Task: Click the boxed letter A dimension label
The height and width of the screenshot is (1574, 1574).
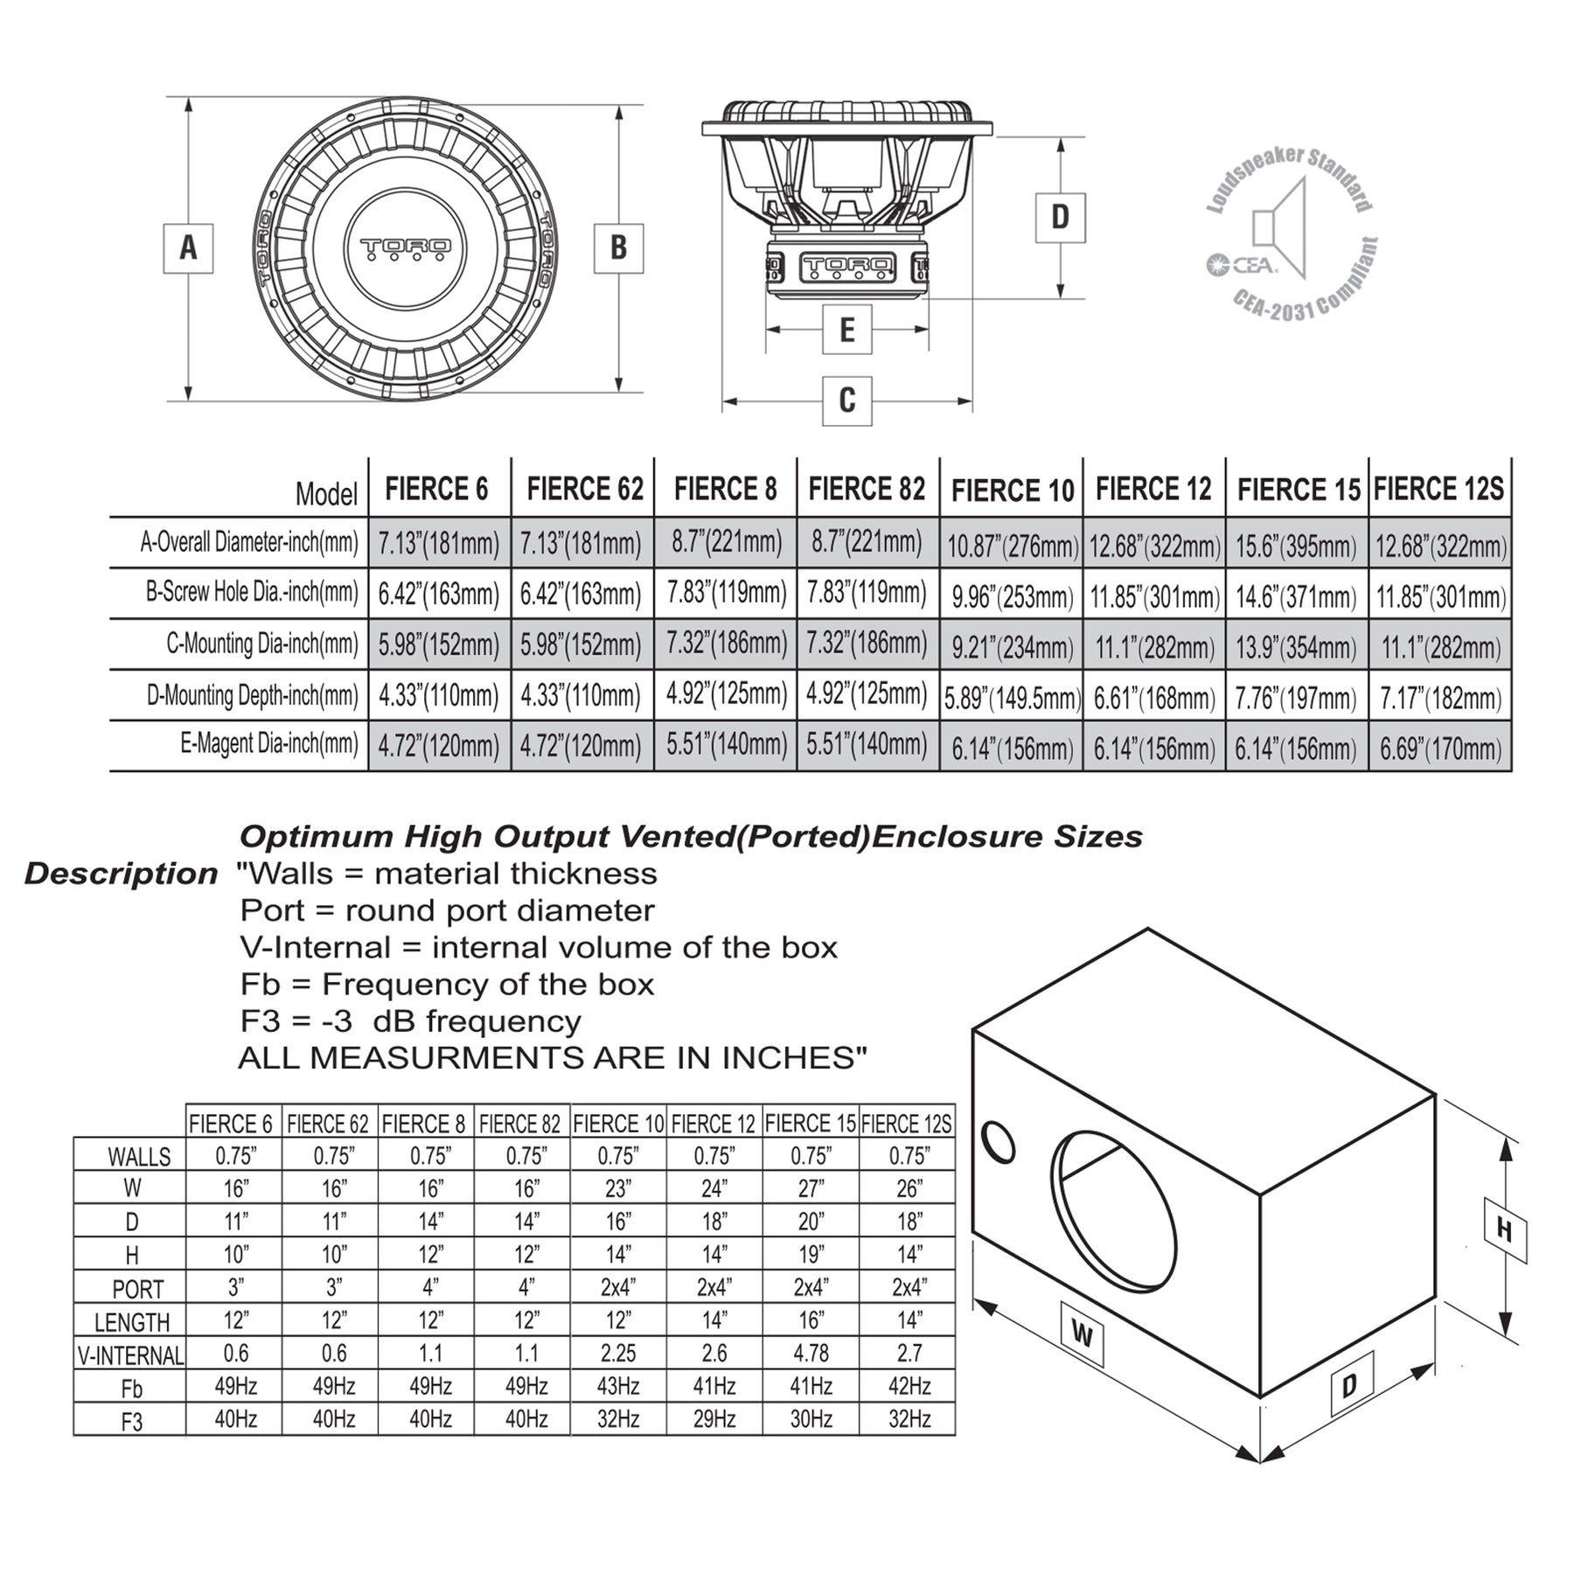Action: [188, 248]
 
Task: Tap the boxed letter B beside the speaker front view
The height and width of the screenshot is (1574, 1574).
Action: [618, 248]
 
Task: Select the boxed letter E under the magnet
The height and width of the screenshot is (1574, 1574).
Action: [846, 330]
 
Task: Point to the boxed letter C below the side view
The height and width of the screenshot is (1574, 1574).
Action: [846, 400]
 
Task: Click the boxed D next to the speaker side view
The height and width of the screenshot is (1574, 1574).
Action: [1060, 217]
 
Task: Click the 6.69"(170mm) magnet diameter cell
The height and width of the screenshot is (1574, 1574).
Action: [1440, 749]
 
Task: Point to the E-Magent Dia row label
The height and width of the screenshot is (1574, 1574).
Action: [269, 744]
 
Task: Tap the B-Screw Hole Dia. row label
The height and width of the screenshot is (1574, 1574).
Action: [252, 593]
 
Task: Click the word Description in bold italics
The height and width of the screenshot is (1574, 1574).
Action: [121, 874]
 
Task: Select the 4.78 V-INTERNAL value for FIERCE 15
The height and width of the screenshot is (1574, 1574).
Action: [811, 1353]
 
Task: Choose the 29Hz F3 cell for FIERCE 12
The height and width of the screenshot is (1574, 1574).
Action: [714, 1419]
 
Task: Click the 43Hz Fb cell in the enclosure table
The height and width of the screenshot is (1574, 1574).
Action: [618, 1386]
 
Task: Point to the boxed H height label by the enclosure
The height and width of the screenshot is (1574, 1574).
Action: [1504, 1230]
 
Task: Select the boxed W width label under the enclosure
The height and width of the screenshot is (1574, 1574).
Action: [1082, 1335]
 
